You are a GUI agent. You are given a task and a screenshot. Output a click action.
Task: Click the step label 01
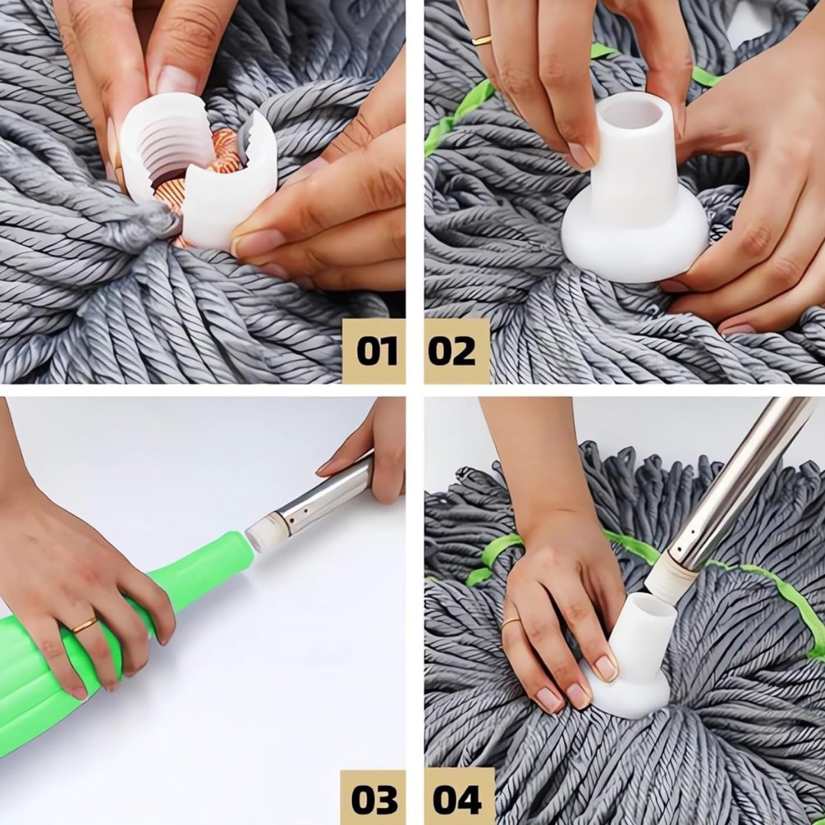376,351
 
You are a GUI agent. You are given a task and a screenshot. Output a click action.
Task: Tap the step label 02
451,351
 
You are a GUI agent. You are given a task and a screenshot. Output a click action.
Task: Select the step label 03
374,800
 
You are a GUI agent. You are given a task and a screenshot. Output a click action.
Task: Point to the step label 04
457,800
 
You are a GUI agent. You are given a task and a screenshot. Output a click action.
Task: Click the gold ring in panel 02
481,40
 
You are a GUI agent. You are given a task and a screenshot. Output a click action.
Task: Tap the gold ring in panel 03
85,625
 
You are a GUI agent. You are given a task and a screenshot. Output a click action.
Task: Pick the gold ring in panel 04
510,623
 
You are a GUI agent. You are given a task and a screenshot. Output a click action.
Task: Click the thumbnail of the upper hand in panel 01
175,79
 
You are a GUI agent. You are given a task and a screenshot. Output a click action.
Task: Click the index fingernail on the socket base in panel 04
605,668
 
